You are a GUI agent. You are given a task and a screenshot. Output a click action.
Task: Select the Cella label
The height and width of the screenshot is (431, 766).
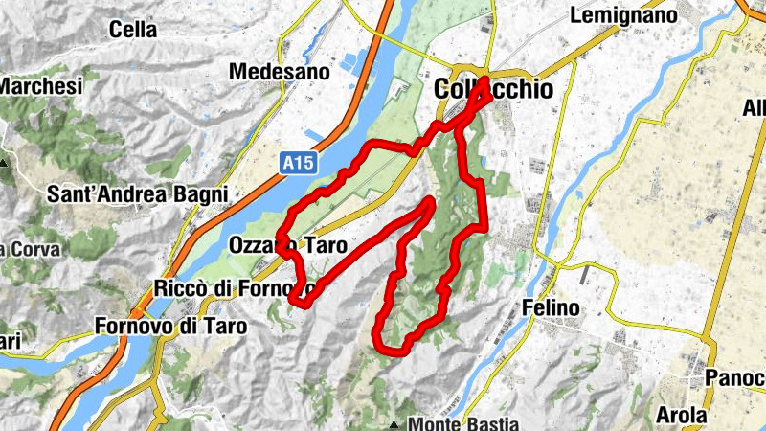(x=133, y=30)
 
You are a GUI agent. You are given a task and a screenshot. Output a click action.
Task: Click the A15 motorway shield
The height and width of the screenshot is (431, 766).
(x=297, y=165)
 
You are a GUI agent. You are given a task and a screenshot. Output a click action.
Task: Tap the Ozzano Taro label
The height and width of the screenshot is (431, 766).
(x=287, y=246)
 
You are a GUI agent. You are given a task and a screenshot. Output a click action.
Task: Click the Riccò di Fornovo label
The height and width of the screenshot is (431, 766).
(x=235, y=287)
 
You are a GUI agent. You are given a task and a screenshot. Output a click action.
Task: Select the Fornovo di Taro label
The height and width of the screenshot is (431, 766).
(x=170, y=326)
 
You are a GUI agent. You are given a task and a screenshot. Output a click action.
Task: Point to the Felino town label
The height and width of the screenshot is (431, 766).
(x=552, y=308)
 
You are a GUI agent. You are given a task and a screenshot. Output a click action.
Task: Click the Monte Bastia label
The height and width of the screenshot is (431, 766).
(x=463, y=423)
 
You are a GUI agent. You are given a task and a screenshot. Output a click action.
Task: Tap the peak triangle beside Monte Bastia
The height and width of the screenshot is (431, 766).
(x=394, y=423)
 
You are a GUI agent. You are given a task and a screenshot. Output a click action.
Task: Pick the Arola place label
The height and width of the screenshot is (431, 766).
(x=682, y=416)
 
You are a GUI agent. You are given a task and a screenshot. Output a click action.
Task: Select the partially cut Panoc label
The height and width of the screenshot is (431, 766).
(x=735, y=377)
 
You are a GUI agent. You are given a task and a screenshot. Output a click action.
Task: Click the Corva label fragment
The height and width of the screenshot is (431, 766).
(x=31, y=249)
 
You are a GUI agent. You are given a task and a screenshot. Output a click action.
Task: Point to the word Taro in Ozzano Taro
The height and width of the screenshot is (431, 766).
(x=326, y=246)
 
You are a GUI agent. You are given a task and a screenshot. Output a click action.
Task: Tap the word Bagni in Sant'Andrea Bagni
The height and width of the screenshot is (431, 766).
(x=202, y=194)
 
